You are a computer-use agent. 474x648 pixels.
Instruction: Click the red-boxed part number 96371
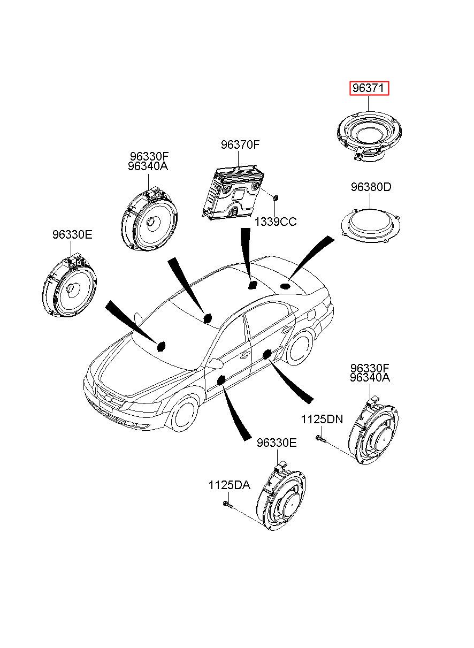[369, 88]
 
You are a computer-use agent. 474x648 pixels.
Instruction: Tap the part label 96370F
[240, 144]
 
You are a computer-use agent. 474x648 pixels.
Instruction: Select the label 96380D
[371, 187]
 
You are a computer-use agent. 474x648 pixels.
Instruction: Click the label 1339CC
[276, 222]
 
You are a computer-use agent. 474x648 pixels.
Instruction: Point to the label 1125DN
[322, 419]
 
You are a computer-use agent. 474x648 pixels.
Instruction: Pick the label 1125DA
[229, 485]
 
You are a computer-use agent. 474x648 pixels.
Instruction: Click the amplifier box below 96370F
[233, 191]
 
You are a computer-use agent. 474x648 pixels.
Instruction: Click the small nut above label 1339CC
[275, 198]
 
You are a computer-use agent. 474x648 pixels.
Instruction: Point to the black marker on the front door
[221, 379]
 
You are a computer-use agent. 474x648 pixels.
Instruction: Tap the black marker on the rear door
[266, 354]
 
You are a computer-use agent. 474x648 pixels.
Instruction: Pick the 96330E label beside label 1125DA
[277, 443]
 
